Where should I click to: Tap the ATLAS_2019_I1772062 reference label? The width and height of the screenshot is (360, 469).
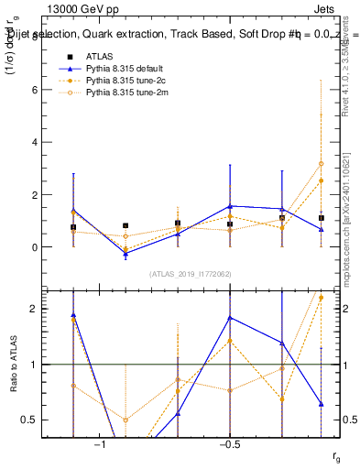click(x=191, y=274)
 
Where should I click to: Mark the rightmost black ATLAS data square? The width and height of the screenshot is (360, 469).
click(x=322, y=218)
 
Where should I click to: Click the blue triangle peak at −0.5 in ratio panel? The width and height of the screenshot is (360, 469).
click(x=230, y=318)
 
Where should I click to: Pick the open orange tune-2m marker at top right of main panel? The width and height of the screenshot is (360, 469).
click(x=322, y=164)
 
